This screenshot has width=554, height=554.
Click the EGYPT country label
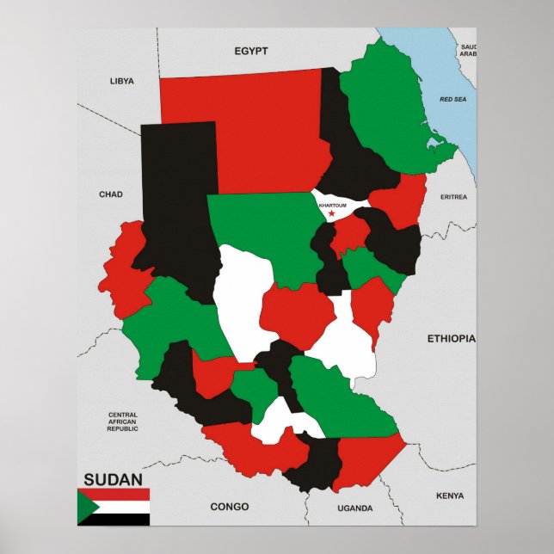click(251, 52)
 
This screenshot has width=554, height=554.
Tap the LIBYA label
click(122, 81)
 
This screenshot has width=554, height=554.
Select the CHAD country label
click(111, 194)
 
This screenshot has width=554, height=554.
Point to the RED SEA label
click(452, 100)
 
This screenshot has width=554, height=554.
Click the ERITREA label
click(453, 197)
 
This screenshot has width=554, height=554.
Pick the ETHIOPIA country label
click(451, 339)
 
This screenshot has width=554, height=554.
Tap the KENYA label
click(449, 496)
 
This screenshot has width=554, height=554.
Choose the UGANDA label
click(354, 508)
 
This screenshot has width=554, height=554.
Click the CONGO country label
click(229, 507)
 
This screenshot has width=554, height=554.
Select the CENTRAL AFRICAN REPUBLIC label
click(122, 422)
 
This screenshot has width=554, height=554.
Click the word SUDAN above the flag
click(114, 478)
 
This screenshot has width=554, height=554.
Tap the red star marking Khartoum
click(331, 213)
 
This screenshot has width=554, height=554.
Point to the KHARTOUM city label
click(332, 206)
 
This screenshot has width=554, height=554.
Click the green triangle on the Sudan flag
click(85, 507)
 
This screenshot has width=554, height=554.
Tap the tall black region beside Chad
click(176, 206)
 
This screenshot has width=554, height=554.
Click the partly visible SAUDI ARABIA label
click(468, 50)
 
